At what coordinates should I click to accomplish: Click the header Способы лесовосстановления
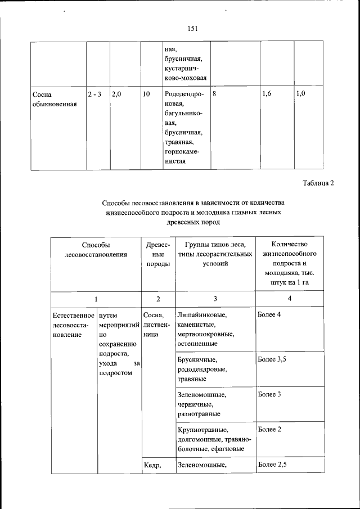tap(96, 250)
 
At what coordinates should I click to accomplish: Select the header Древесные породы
tap(158, 255)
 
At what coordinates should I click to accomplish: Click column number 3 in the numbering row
tap(215, 299)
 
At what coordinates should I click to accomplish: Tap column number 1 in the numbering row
tap(96, 299)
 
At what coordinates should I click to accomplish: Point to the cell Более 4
tap(269, 314)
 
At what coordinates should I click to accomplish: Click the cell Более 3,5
tap(272, 359)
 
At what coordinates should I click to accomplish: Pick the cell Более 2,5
tap(272, 465)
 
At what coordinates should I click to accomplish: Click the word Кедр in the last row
tap(152, 465)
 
